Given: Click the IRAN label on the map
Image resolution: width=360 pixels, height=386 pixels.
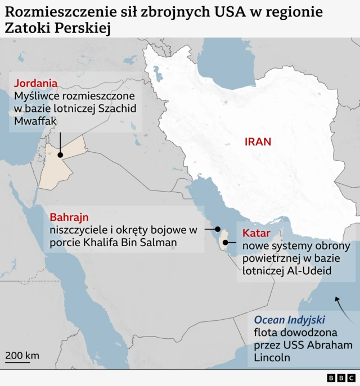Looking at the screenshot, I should coord(258,142).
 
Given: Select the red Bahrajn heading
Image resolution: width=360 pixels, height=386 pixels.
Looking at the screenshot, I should coord(69,217).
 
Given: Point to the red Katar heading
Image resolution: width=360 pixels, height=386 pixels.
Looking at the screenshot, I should coord(256,233).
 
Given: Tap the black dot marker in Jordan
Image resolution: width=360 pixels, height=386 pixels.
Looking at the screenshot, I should coord(60,155).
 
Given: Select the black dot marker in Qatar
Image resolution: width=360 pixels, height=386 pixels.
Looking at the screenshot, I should coord(226,243).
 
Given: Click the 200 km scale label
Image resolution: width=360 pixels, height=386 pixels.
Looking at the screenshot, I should coord(22,355).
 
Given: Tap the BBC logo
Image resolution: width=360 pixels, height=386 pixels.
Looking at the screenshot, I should coord(341,378).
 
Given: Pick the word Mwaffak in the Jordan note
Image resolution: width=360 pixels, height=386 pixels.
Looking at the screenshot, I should coord(36,121).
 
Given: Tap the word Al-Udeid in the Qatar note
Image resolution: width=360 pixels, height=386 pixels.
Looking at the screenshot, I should coord(309,271).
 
